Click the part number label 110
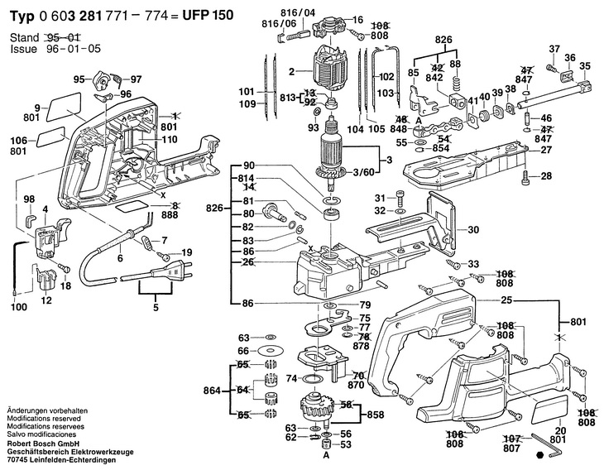[x=170, y=141]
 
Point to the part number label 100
[x=18, y=308]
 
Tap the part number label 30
[x=474, y=230]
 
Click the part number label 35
[x=584, y=66]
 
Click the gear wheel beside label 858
[x=314, y=407]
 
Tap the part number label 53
[x=346, y=445]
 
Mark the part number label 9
[x=37, y=107]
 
